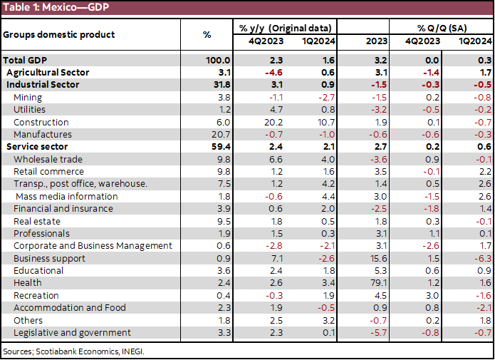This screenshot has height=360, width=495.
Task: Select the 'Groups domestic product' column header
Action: pos(58,34)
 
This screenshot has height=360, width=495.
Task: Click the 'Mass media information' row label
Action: pos(66,196)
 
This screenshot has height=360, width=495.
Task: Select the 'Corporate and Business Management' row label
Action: pos(93,246)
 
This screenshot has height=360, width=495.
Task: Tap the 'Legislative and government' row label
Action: pos(72,332)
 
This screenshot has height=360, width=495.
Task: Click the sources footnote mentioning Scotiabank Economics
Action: pos(78,351)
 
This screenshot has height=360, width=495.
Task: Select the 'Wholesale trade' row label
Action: pos(48,159)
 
